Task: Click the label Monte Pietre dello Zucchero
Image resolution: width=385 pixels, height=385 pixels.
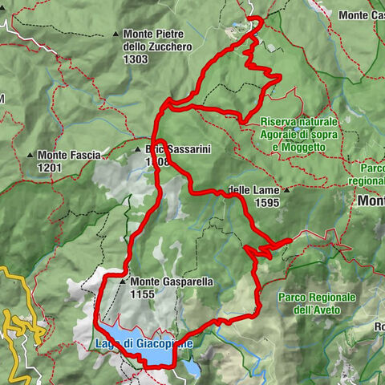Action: click(x=154, y=40)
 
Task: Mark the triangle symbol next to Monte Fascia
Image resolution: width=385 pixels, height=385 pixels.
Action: click(x=30, y=154)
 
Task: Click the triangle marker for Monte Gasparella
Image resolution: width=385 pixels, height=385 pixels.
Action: click(x=122, y=282)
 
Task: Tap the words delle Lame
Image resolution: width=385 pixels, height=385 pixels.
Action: click(x=252, y=191)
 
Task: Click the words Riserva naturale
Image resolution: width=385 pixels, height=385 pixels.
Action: click(x=298, y=122)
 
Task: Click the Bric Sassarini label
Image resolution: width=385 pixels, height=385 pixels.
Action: click(x=168, y=149)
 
